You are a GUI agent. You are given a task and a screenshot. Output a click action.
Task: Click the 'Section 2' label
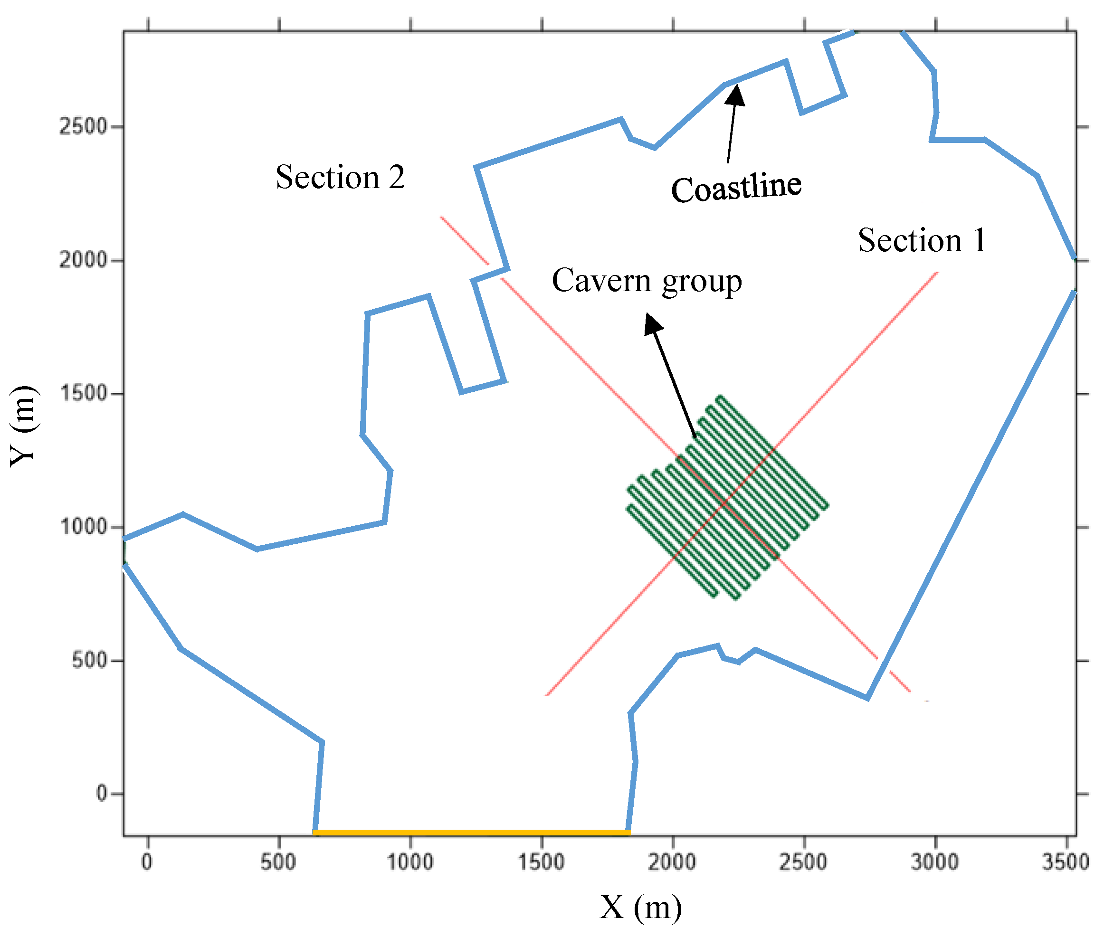pos(340,177)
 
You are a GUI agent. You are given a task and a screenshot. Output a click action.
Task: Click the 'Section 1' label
pos(921,240)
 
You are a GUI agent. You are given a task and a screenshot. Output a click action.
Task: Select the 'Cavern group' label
pos(646,281)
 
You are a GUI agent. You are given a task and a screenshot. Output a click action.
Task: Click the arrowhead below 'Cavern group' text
pos(653,323)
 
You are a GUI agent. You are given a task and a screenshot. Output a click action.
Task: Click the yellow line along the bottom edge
pos(471,832)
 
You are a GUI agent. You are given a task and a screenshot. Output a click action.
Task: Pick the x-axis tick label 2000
pos(672,862)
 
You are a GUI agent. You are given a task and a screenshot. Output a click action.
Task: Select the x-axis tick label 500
pos(278,862)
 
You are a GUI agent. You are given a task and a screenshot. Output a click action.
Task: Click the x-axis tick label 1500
pos(541,862)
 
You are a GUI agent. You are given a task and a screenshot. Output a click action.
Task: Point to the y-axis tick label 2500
pos(83,126)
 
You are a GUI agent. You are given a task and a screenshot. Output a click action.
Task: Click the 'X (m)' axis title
pos(640,907)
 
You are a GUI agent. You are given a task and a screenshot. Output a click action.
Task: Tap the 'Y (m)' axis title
pos(23,426)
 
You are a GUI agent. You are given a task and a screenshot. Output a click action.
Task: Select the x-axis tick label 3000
pos(934,862)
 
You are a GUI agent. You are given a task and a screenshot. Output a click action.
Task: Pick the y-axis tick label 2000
pos(83,260)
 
